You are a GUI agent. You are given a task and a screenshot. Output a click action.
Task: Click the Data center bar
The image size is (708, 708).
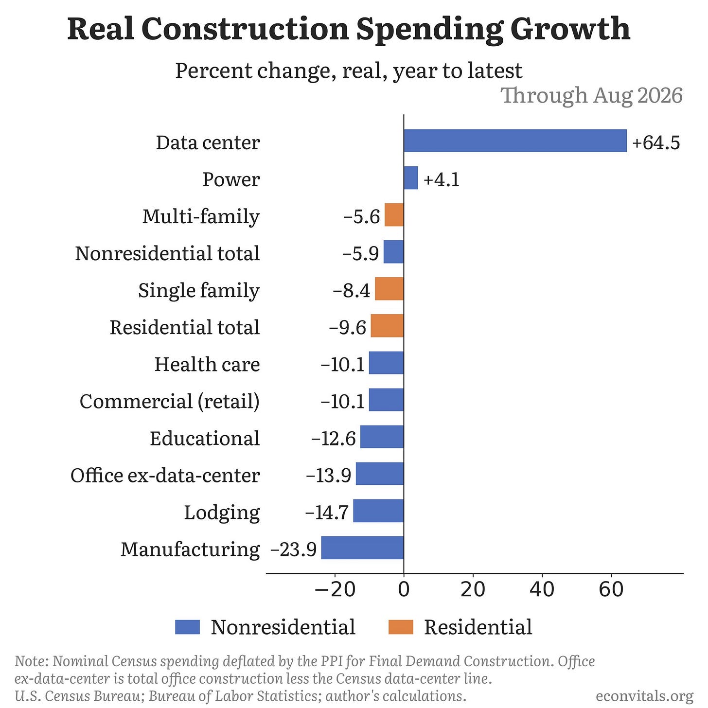click(515, 141)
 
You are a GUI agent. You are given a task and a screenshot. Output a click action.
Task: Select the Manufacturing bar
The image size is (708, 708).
click(362, 548)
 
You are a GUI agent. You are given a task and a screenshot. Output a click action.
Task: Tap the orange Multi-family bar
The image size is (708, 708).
click(394, 215)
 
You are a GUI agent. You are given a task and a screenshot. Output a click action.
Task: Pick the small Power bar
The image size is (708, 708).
click(411, 178)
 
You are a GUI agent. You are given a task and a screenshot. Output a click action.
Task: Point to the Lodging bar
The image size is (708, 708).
click(378, 511)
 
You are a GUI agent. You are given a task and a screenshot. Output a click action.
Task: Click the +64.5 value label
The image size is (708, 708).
click(656, 142)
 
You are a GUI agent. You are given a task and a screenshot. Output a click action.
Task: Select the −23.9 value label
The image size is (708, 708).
click(293, 549)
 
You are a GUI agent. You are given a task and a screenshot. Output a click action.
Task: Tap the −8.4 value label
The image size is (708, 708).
click(352, 291)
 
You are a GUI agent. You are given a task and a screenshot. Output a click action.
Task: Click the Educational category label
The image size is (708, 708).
click(205, 438)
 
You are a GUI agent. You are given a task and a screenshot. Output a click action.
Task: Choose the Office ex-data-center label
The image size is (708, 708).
click(165, 476)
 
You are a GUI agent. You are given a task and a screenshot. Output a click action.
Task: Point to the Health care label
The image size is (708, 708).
click(207, 365)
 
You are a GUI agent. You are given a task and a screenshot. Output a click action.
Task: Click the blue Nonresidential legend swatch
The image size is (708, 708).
click(187, 627)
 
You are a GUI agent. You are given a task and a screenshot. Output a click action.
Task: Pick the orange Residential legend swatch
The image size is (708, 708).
click(401, 627)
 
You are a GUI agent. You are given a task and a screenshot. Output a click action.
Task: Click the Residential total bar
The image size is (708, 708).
click(387, 326)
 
